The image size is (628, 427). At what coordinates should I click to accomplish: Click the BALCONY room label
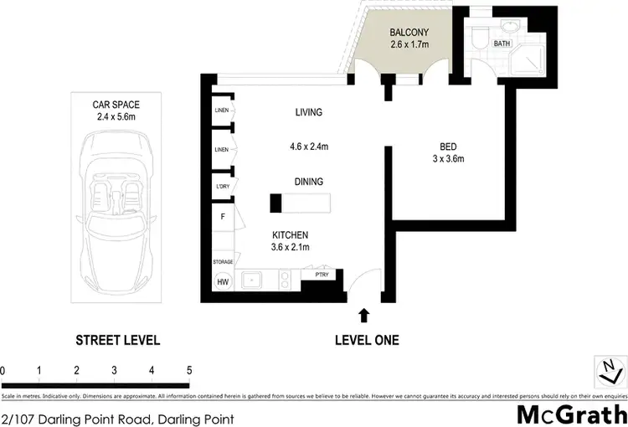pos(409,33)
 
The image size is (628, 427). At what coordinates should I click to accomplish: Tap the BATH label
pos(502,43)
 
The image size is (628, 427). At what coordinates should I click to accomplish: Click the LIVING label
pos(308,112)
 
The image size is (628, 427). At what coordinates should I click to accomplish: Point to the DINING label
pos(308,181)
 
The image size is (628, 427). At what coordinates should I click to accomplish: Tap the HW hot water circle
pos(224,281)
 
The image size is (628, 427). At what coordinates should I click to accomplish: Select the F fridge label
pos(223,217)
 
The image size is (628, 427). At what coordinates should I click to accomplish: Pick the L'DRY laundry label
pos(223,186)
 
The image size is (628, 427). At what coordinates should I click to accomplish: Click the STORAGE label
pos(223,262)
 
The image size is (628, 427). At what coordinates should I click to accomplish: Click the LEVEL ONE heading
pos(367,340)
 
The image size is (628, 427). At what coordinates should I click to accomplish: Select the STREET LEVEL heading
pos(117,340)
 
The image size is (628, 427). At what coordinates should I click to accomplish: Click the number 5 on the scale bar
pos(189,369)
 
